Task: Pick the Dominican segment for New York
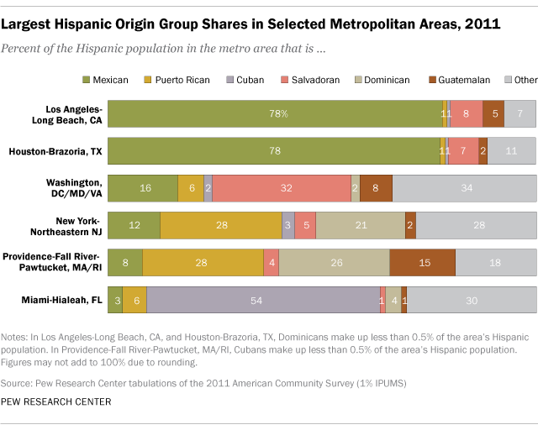[361, 226]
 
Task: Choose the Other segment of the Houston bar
[511, 150]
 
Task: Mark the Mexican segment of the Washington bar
[143, 188]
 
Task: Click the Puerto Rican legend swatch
[150, 80]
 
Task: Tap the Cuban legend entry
[245, 80]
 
